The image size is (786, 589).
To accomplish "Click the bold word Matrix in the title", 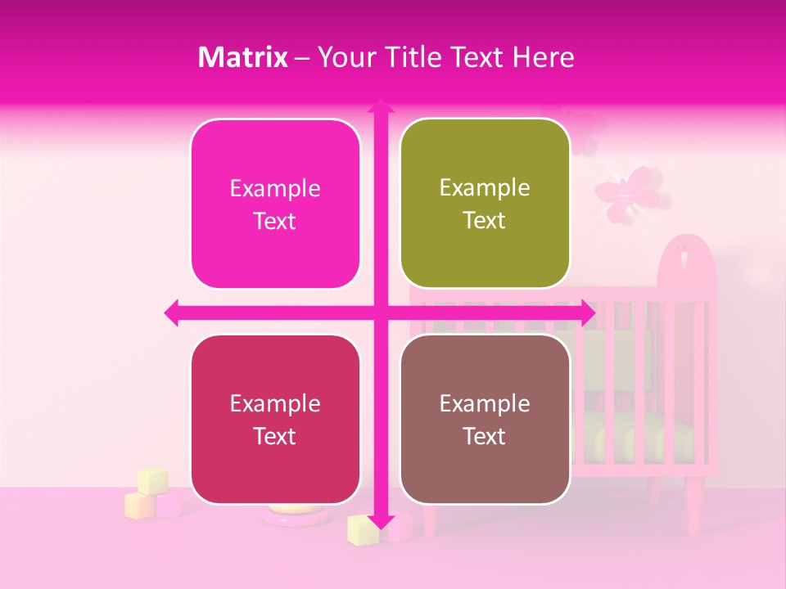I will pyautogui.click(x=243, y=57).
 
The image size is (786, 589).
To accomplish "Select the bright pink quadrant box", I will pyautogui.click(x=275, y=205).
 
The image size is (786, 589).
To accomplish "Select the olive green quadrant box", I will pyautogui.click(x=485, y=204).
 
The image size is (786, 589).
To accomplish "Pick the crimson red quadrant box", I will pyautogui.click(x=275, y=420).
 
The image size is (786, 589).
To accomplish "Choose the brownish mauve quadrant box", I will pyautogui.click(x=485, y=420).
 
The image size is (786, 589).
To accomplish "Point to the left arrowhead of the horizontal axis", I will pyautogui.click(x=171, y=312).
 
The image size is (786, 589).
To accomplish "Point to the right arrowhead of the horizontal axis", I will pyautogui.click(x=588, y=312).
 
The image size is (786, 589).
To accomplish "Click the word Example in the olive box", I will pyautogui.click(x=485, y=187).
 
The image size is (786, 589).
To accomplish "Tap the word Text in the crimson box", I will pyautogui.click(x=275, y=437).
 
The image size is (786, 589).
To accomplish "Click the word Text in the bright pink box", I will pyautogui.click(x=275, y=222).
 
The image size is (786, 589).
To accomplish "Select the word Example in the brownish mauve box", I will pyautogui.click(x=485, y=403).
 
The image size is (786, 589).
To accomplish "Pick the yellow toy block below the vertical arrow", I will pyautogui.click(x=362, y=530).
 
